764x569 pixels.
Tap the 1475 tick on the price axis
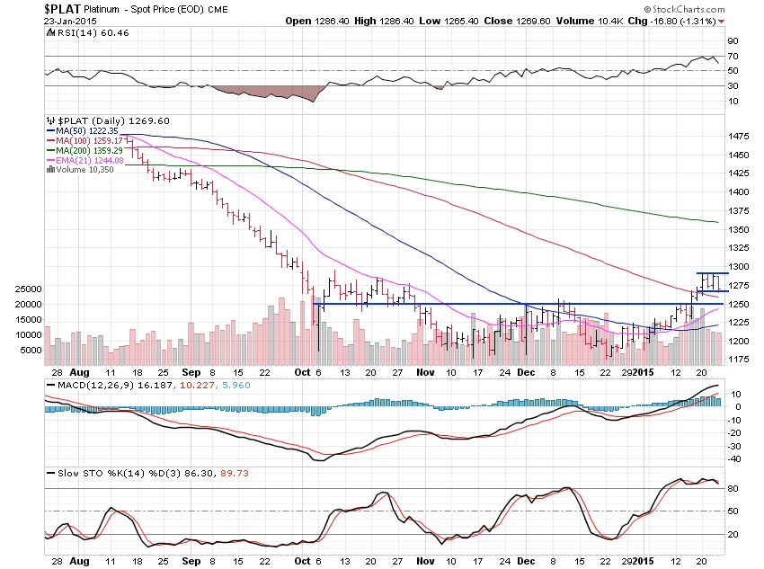coord(739,137)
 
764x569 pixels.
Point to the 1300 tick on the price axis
coord(739,267)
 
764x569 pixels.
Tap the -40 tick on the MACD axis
coord(734,458)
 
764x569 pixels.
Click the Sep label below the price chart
coord(191,371)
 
